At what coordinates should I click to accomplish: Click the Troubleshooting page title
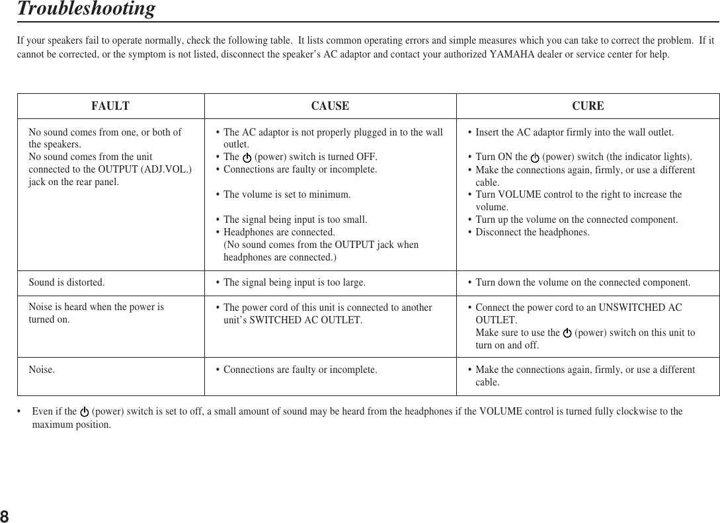click(86, 9)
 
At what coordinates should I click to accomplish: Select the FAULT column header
click(110, 106)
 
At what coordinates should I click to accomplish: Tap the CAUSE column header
click(330, 106)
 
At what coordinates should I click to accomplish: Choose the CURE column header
click(588, 106)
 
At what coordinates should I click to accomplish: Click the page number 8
click(5, 515)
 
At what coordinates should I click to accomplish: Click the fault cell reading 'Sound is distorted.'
click(66, 283)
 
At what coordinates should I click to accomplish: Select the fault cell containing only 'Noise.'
click(42, 370)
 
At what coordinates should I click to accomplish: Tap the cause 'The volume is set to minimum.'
click(287, 195)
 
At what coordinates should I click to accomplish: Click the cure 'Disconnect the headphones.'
click(532, 232)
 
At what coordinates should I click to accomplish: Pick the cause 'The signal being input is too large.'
click(294, 283)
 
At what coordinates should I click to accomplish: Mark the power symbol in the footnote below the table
click(85, 412)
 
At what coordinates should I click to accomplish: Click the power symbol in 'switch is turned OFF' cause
click(247, 158)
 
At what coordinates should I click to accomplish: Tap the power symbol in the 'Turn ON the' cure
click(535, 158)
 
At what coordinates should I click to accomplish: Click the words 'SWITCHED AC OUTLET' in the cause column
click(305, 321)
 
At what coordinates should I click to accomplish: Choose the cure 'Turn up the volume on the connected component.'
click(577, 220)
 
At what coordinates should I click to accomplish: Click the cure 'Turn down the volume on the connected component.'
click(583, 283)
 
